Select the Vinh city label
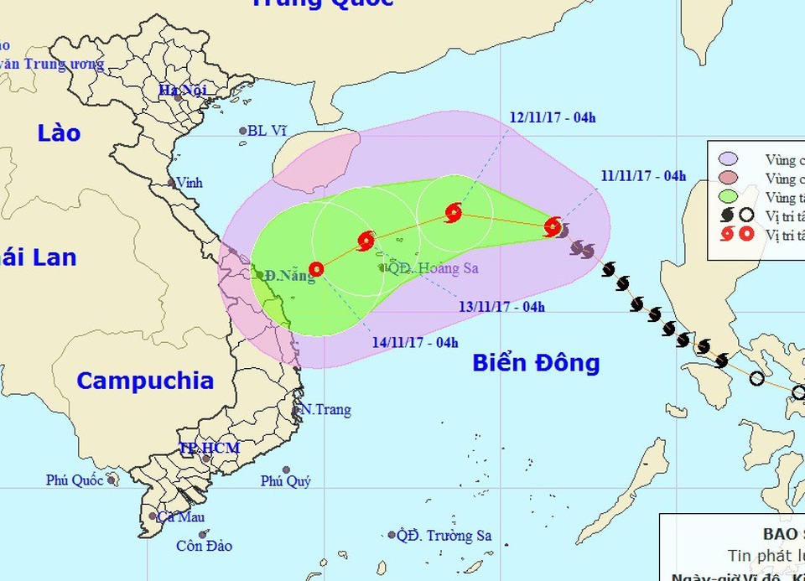click(x=190, y=182)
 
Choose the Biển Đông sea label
click(x=536, y=363)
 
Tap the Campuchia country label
click(x=145, y=381)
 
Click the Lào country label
click(x=59, y=132)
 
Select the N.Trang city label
click(x=325, y=410)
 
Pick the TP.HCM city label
click(x=210, y=448)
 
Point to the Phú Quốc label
click(x=75, y=480)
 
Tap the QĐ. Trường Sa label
click(x=444, y=535)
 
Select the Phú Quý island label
click(x=285, y=481)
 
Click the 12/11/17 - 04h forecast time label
click(x=553, y=117)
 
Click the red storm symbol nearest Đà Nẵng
click(x=316, y=269)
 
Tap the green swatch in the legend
click(x=729, y=198)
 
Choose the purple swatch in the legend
click(x=729, y=159)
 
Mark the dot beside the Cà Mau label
click(x=153, y=516)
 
